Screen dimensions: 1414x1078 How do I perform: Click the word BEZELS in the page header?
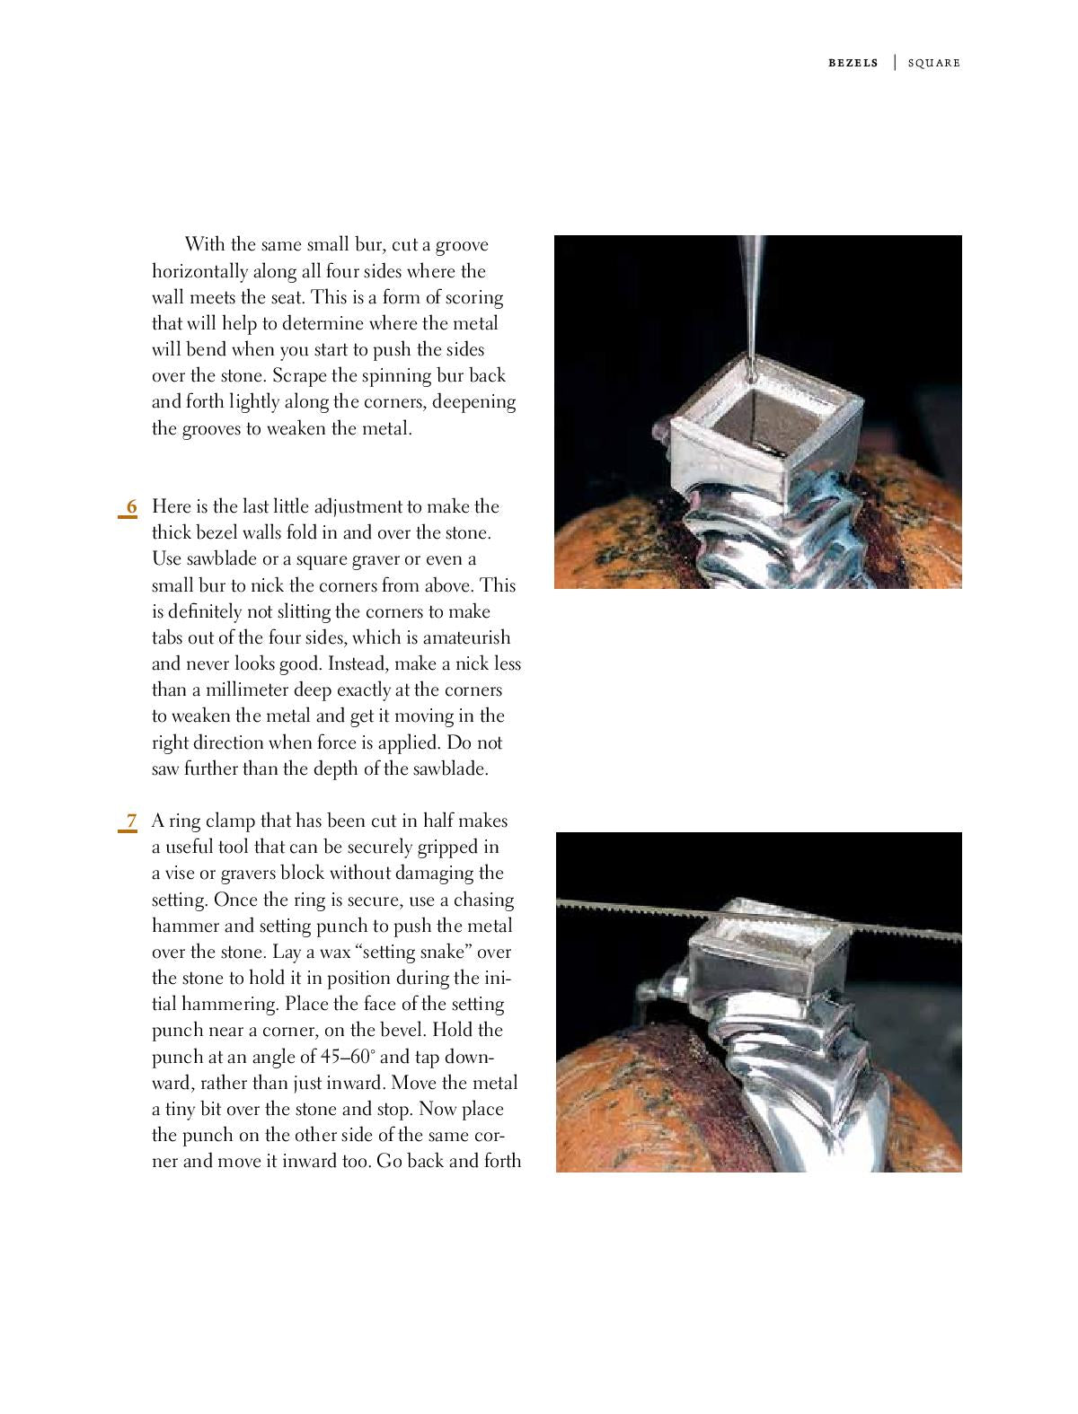[x=853, y=63]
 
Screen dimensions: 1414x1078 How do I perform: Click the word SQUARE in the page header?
[x=933, y=63]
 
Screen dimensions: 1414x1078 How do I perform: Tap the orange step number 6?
[x=131, y=506]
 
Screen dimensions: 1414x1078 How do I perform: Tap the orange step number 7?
[x=131, y=821]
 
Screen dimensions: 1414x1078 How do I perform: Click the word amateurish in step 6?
[x=465, y=638]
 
